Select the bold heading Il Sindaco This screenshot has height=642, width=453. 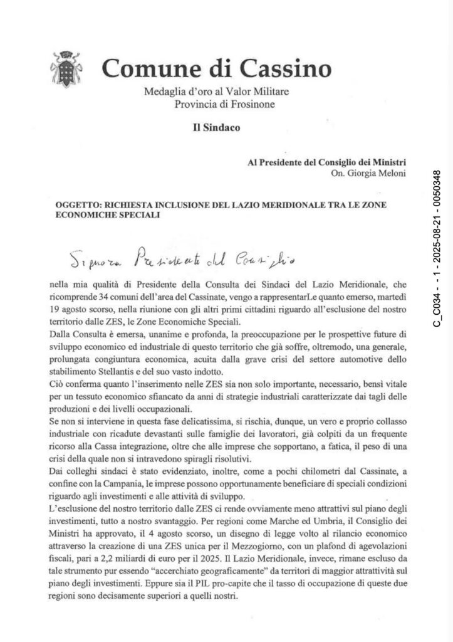216,129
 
